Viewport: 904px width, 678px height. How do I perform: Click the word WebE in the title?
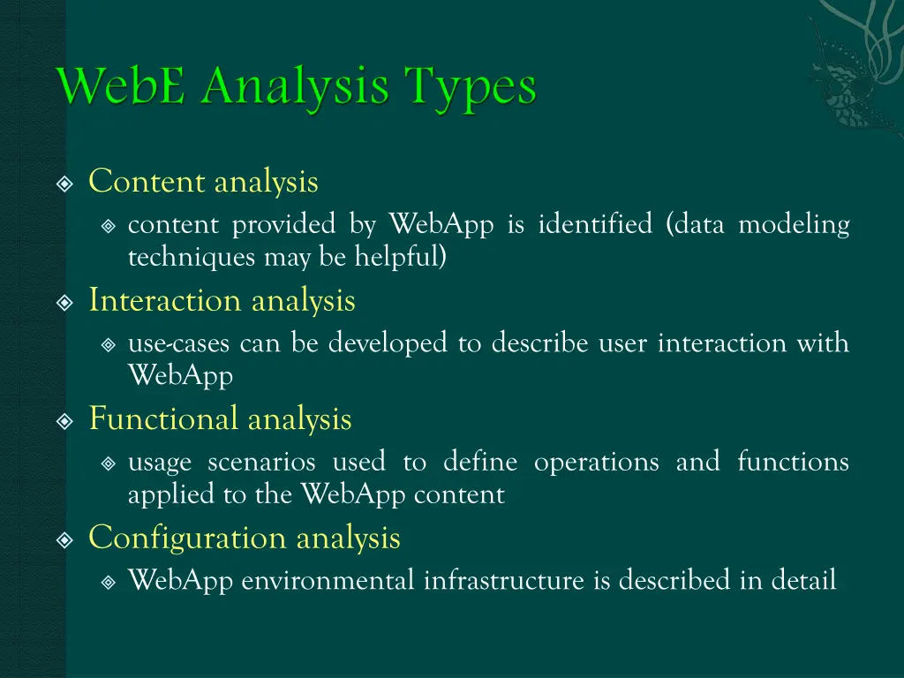coord(122,87)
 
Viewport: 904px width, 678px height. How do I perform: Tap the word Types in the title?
coord(470,89)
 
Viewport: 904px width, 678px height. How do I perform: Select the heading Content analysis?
coord(203,182)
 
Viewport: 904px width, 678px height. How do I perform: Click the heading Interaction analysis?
coord(222,301)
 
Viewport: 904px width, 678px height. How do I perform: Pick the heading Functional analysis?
coord(220,418)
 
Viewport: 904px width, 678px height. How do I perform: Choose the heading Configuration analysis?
coord(245,538)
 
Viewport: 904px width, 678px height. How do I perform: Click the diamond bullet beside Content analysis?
coord(64,185)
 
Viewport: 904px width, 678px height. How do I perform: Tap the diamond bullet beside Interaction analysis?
coord(64,303)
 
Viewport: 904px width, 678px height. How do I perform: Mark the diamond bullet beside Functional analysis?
coord(64,421)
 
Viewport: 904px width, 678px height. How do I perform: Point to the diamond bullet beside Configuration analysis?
coord(64,540)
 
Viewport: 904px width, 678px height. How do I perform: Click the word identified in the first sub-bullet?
coord(595,225)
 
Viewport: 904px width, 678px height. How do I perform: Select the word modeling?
coord(794,225)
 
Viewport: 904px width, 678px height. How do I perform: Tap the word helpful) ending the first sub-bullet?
coord(401,257)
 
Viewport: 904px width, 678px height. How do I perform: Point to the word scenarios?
coord(261,462)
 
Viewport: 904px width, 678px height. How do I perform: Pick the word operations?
coord(596,462)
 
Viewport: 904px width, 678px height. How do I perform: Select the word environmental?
coord(328,581)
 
